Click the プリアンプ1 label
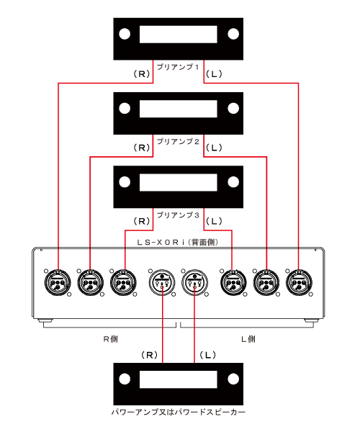click(178, 67)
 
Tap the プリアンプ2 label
click(178, 142)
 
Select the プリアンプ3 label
click(178, 215)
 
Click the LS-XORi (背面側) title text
click(178, 243)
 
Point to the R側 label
click(111, 339)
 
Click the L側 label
click(248, 339)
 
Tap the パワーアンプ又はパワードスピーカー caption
click(179, 412)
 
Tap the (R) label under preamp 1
click(142, 74)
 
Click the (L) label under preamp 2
click(214, 148)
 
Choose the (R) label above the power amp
click(149, 355)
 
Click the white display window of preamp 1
click(179, 35)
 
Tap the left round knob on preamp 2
click(125, 108)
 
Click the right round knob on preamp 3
click(233, 182)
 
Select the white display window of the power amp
click(179, 379)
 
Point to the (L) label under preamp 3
click(214, 221)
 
